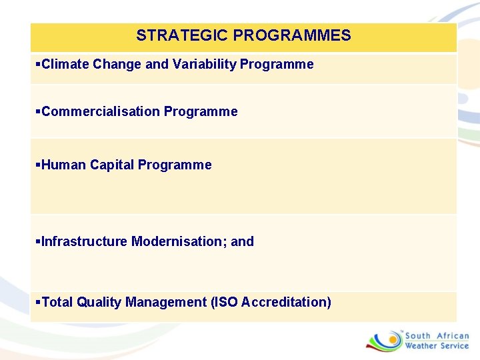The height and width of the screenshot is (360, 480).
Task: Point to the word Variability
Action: click(204, 64)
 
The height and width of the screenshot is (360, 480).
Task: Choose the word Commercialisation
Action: click(101, 111)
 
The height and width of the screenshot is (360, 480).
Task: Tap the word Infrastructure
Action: click(85, 241)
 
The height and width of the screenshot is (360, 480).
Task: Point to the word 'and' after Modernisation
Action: click(243, 241)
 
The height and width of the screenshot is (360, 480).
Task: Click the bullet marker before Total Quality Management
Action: click(37, 302)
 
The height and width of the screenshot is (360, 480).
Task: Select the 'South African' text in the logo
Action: click(437, 336)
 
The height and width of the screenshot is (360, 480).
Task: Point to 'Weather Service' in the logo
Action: click(437, 346)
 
